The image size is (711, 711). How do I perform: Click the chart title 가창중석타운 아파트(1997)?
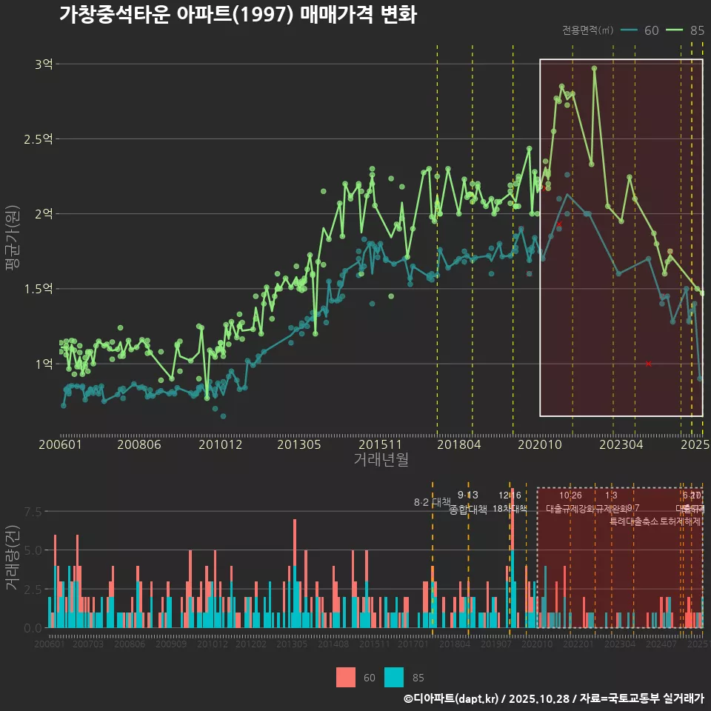tap(237, 15)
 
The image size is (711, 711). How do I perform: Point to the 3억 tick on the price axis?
tap(44, 64)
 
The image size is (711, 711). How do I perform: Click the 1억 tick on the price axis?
tap(44, 364)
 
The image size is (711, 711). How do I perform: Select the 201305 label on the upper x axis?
tap(298, 444)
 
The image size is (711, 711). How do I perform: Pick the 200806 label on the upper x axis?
tap(139, 444)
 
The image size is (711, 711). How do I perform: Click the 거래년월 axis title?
tap(381, 460)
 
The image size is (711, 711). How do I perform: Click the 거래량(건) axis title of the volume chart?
tap(13, 558)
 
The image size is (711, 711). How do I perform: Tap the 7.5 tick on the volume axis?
tap(33, 511)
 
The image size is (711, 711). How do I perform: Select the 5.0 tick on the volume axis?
tap(33, 550)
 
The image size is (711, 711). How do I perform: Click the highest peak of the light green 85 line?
tap(594, 68)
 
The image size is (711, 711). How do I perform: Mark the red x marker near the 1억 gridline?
tap(648, 364)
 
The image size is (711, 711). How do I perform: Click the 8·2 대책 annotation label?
tap(432, 502)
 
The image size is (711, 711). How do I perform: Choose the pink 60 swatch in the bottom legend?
tap(346, 677)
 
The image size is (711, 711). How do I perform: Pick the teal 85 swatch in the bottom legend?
tap(394, 677)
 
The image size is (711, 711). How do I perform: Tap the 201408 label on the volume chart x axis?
tap(333, 644)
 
